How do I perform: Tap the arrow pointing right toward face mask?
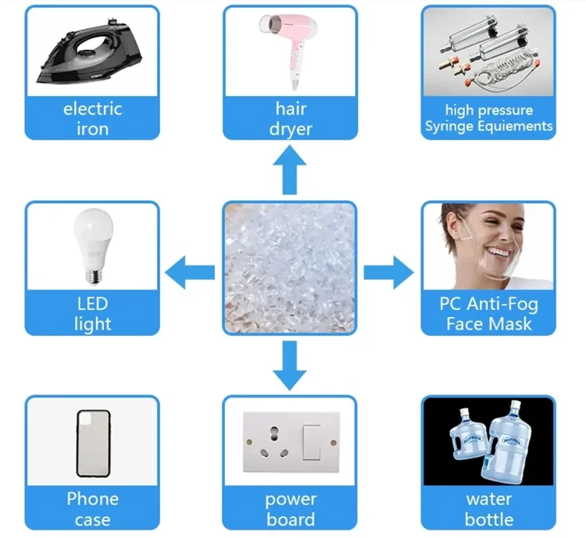coord(388,272)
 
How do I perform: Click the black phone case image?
coord(91,443)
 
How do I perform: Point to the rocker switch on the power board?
coord(312,441)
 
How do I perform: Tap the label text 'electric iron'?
coord(92,119)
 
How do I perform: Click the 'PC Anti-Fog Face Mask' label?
coord(488,314)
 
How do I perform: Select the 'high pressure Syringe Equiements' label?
coord(488,119)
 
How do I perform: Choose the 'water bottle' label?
coord(488,509)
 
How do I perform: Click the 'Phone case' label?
coord(92,509)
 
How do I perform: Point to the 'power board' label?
coord(290,509)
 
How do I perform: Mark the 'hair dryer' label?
coord(290,119)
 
